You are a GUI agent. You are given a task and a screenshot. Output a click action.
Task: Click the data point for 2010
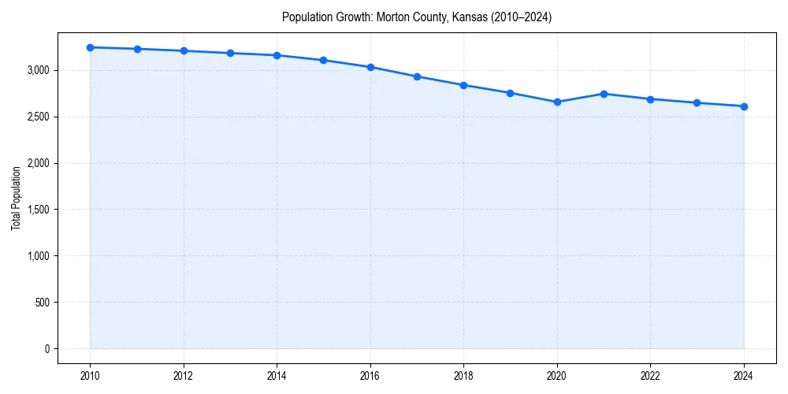(x=90, y=47)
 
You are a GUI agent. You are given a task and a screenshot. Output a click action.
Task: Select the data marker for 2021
(x=604, y=94)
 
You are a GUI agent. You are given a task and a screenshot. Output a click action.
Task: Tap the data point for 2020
(x=557, y=102)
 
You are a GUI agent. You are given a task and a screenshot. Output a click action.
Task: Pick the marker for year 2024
(x=744, y=106)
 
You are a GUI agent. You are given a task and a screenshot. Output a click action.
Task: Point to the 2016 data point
(x=370, y=67)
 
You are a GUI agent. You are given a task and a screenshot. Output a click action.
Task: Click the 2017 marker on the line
(x=417, y=76)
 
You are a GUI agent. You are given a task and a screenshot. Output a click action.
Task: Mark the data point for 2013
(x=230, y=53)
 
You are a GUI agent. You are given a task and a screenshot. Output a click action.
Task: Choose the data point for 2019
(x=511, y=93)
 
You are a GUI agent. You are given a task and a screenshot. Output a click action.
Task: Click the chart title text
(x=416, y=17)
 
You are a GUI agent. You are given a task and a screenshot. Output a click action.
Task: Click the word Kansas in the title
(x=470, y=17)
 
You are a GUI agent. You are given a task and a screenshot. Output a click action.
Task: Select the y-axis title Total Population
(x=16, y=198)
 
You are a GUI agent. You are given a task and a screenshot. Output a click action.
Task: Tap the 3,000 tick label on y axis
(x=36, y=71)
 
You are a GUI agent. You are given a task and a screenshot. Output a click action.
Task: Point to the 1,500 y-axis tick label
(x=36, y=210)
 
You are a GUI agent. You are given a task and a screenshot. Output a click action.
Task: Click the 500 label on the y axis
(x=41, y=303)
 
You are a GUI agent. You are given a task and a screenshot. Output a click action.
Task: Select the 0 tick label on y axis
(x=46, y=349)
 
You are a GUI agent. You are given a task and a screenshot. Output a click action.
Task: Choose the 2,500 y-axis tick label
(x=36, y=117)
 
